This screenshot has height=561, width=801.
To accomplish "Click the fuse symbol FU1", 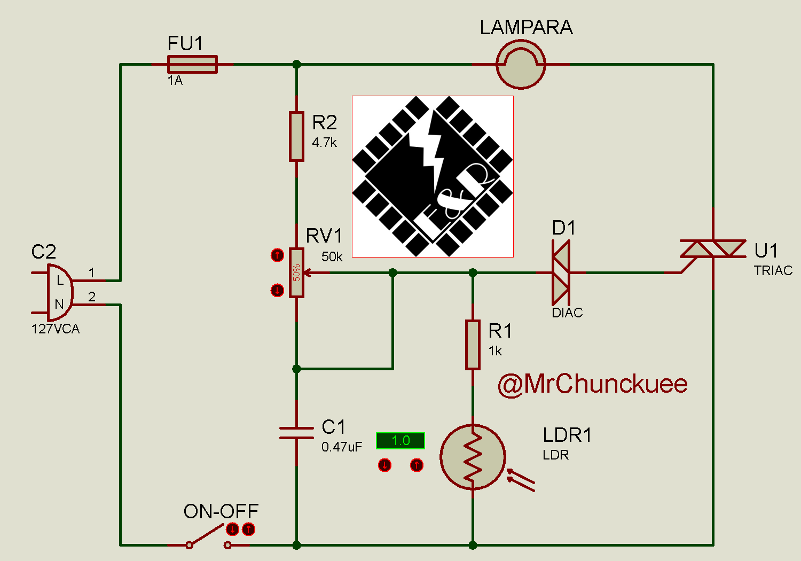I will coord(192,64).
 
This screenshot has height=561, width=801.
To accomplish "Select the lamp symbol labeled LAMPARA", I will coord(521,64).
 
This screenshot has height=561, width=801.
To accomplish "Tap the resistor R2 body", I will coord(296,136).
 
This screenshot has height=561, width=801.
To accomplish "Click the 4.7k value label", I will coord(325,143).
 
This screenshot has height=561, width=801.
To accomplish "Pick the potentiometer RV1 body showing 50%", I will coord(296,272).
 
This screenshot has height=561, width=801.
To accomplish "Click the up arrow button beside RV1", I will coord(277,255).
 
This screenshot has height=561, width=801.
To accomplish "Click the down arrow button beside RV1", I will coord(277,290).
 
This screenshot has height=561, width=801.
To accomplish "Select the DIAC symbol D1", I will coord(561,272).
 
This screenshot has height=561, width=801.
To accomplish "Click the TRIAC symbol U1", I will coord(713,249).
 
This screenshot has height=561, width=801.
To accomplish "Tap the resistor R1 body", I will coord(473,345).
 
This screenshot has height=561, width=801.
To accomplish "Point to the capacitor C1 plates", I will coord(296,433).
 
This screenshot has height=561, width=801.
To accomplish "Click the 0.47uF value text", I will coord(342,447).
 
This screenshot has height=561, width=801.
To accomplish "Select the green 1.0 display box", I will coord(400,441).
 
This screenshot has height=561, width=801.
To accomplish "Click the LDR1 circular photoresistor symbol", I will coord(473,457).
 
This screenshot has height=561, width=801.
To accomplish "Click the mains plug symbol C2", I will coord(59,292).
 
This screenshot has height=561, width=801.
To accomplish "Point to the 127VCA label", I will coord(56,329).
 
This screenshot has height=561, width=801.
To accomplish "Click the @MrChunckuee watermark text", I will coord(593,384).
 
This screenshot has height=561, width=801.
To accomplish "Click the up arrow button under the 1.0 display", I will coord(417,465).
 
